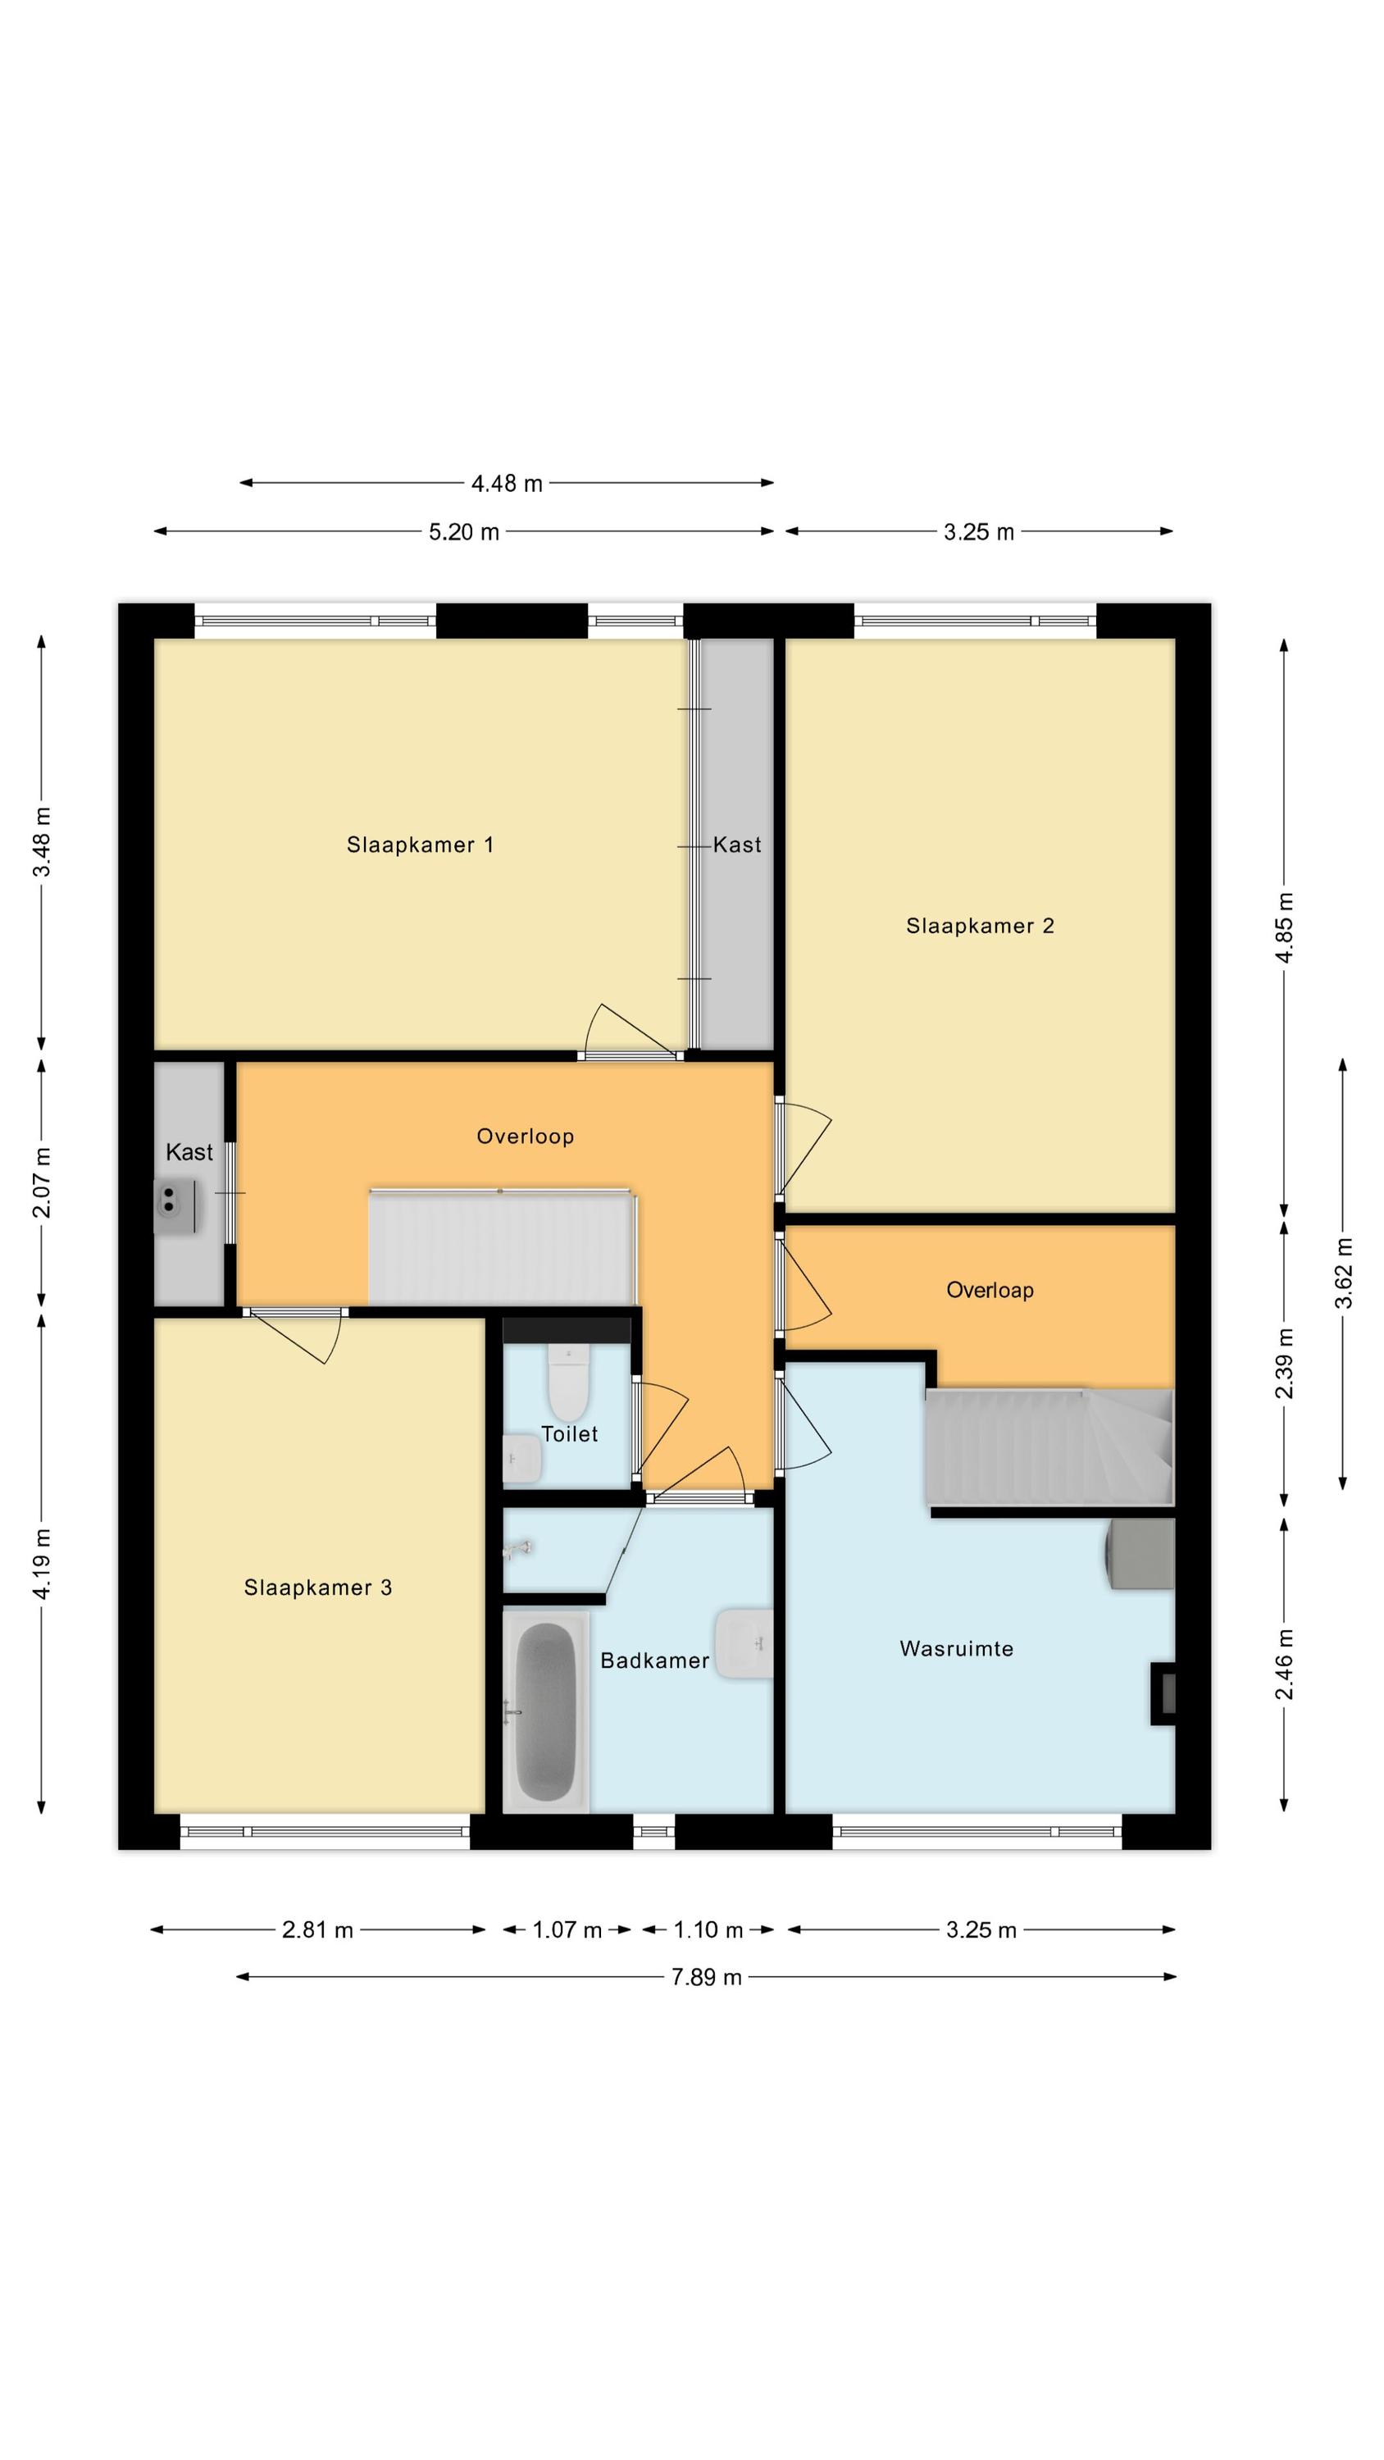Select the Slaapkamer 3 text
click(318, 1588)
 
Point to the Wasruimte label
click(956, 1648)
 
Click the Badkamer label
click(654, 1660)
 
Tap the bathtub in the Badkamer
click(546, 1711)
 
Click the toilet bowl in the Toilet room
click(568, 1383)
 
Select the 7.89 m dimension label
click(706, 1977)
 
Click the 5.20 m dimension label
click(463, 532)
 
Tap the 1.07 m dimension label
click(567, 1930)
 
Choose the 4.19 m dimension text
click(42, 1562)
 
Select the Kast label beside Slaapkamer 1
click(737, 845)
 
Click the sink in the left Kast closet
click(175, 1206)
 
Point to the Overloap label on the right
click(990, 1290)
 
